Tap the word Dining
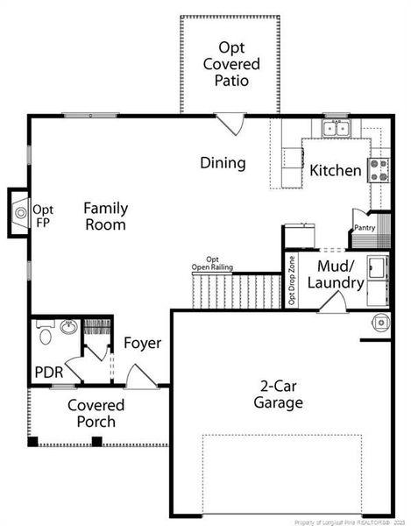(x=223, y=163)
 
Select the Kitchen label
(x=336, y=170)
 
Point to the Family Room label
(x=105, y=216)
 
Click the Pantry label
(x=365, y=228)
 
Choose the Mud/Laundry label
(x=340, y=274)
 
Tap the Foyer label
(x=142, y=343)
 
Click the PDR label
(x=48, y=372)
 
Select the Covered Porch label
(x=96, y=414)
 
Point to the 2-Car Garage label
(x=280, y=394)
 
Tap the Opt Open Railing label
(x=212, y=264)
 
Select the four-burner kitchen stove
(x=379, y=170)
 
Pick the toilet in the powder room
(x=46, y=334)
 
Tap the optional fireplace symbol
(x=19, y=211)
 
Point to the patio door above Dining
(x=231, y=124)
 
